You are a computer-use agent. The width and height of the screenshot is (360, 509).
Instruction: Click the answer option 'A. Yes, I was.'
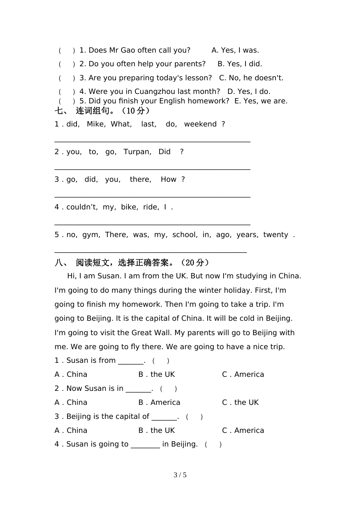pyautogui.click(x=235, y=50)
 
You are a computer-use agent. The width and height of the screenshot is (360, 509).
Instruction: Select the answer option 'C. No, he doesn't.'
pyautogui.click(x=251, y=78)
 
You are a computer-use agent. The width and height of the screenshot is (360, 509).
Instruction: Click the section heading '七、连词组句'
pyautogui.click(x=102, y=111)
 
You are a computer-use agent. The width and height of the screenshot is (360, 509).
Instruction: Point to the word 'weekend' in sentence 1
pyautogui.click(x=200, y=124)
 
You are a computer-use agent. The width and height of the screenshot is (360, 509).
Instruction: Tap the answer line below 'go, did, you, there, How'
pyautogui.click(x=152, y=196)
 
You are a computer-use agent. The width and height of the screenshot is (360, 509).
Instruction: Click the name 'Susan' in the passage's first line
pyautogui.click(x=109, y=276)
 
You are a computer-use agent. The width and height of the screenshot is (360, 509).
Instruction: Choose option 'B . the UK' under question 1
pyautogui.click(x=157, y=375)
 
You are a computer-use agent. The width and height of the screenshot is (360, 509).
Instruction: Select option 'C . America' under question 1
pyautogui.click(x=243, y=375)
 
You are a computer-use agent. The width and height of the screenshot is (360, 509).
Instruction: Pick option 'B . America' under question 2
pyautogui.click(x=159, y=403)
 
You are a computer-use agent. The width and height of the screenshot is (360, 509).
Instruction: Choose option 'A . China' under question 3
pyautogui.click(x=71, y=431)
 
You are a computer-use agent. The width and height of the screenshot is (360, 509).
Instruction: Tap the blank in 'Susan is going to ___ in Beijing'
pyautogui.click(x=145, y=445)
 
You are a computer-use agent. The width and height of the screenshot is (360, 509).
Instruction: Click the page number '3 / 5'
pyautogui.click(x=180, y=475)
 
